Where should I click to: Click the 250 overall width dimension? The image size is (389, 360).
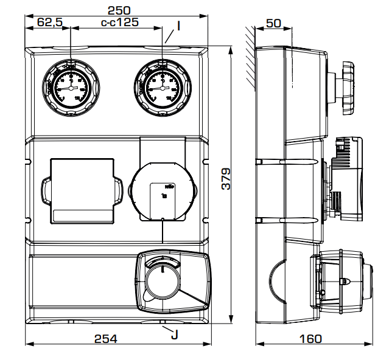point(119,10)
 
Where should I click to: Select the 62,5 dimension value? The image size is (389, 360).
point(51,22)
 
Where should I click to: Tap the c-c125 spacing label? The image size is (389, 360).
point(119,22)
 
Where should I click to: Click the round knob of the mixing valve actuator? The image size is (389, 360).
point(163,281)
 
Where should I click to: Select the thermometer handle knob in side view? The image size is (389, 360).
point(347,88)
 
